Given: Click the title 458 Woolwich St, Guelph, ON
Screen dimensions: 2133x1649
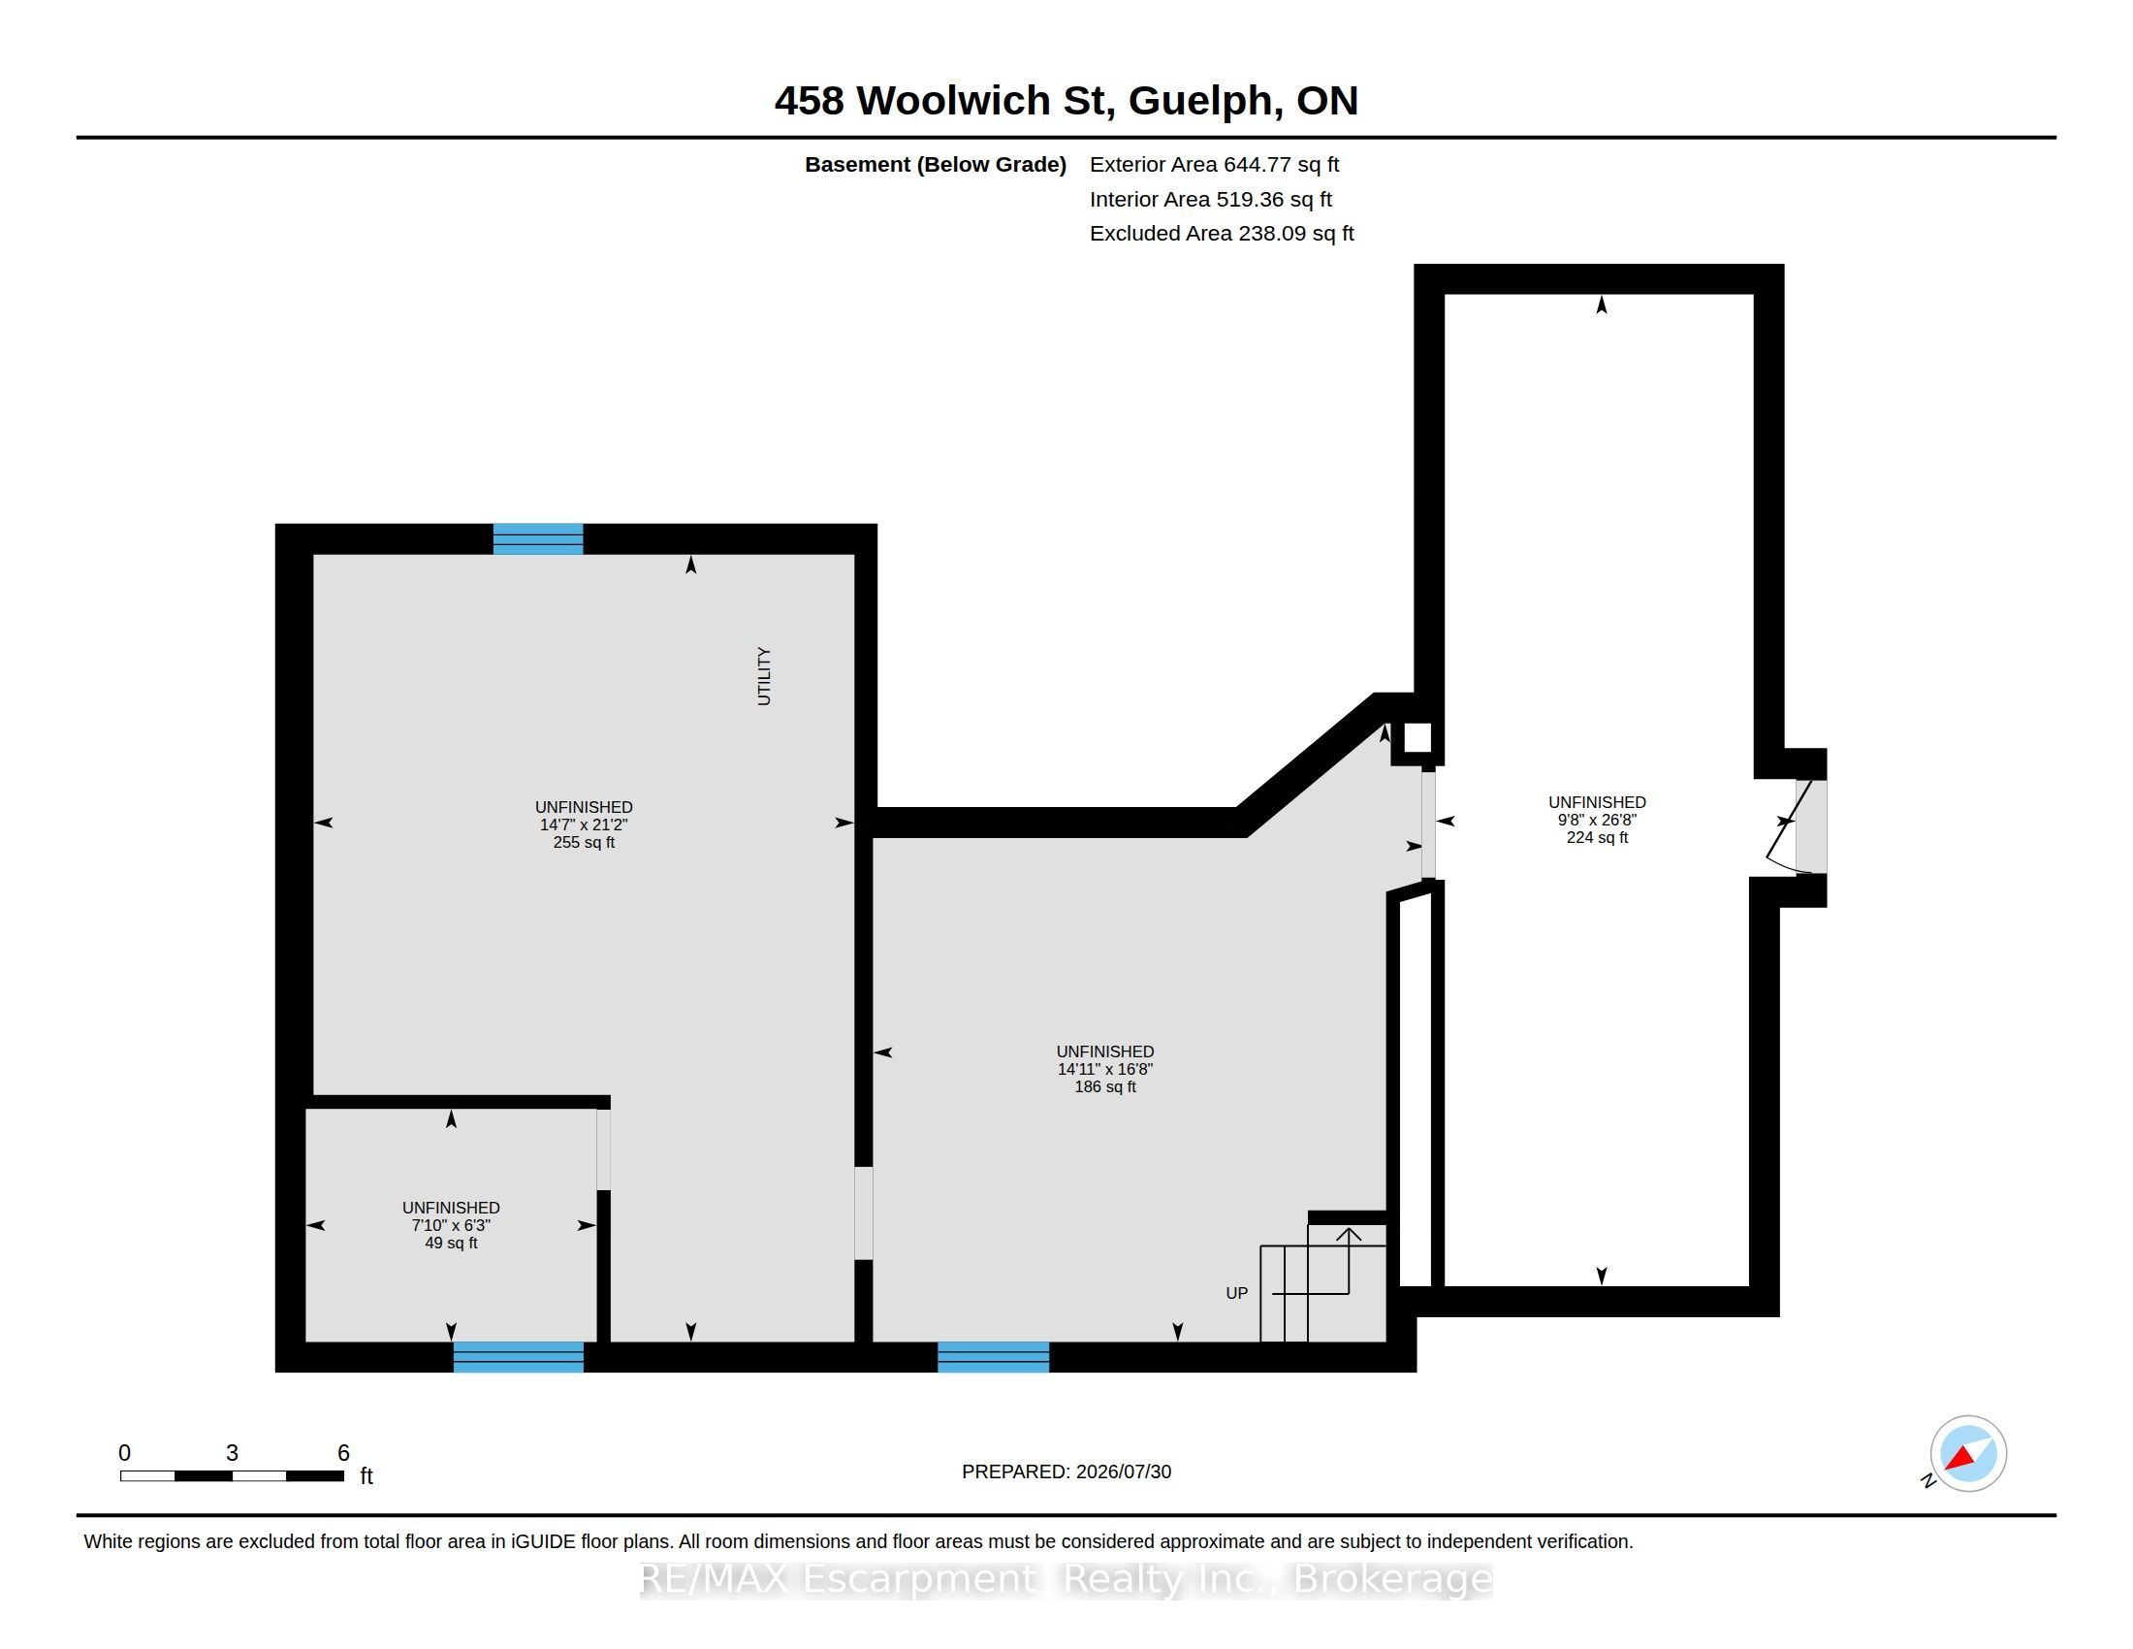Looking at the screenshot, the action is pos(1066,101).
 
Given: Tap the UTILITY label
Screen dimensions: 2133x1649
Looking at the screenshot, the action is pos(764,676).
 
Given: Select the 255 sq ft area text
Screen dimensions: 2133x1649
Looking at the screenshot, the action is pos(584,842).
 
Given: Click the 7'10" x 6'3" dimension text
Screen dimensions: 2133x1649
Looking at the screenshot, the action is pos(451,1225).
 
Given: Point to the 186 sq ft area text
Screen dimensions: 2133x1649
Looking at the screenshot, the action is pos(1105,1086).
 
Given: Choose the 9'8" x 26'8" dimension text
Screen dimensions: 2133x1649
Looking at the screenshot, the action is pos(1597,820).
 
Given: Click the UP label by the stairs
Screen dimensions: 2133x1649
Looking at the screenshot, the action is pos(1236,1293).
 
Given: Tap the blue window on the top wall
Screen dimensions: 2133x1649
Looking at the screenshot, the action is pos(538,539).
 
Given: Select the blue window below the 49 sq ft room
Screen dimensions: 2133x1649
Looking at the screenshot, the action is pos(519,1357).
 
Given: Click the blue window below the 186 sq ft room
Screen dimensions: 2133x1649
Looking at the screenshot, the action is pos(993,1357).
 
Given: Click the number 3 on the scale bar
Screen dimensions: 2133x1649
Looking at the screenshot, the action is pos(232,1453).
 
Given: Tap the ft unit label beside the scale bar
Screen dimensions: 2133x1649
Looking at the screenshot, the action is pos(366,1475).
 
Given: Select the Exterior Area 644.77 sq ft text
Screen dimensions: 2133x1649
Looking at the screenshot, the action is pos(1214,164).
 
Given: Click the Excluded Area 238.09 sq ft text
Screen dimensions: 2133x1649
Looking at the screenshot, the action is pos(1222,234).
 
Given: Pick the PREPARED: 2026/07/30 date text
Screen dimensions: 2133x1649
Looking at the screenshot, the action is pos(1066,1471).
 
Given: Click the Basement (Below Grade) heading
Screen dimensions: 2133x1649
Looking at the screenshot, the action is pos(936,164).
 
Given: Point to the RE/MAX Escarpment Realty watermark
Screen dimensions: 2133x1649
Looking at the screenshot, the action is pos(1066,1579).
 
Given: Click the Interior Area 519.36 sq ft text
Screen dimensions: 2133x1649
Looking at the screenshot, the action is pos(1211,199).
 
